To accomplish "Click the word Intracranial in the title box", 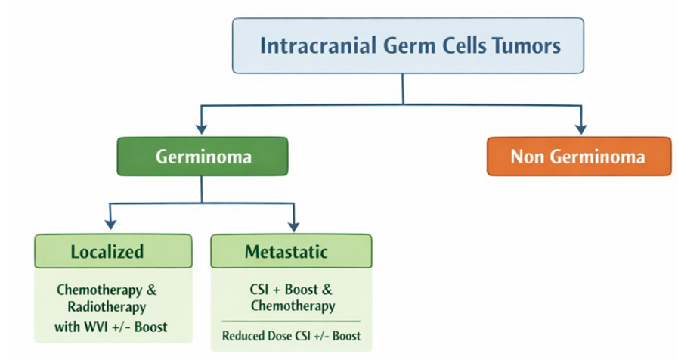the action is [x=317, y=45].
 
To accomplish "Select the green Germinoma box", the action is [x=203, y=157].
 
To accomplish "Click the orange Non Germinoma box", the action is [x=579, y=157].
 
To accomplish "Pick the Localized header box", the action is [x=113, y=251].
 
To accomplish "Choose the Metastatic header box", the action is [x=291, y=251].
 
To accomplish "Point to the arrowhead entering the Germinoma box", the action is [x=201, y=129].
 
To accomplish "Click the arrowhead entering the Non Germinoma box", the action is [x=581, y=129].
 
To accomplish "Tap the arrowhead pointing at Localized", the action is [x=110, y=224].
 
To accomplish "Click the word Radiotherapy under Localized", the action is [x=107, y=307].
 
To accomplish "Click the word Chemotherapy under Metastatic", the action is [x=293, y=306].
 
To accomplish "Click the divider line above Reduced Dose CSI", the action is [x=291, y=321].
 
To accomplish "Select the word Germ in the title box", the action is [x=410, y=45].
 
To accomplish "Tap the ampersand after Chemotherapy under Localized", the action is [x=151, y=290].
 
